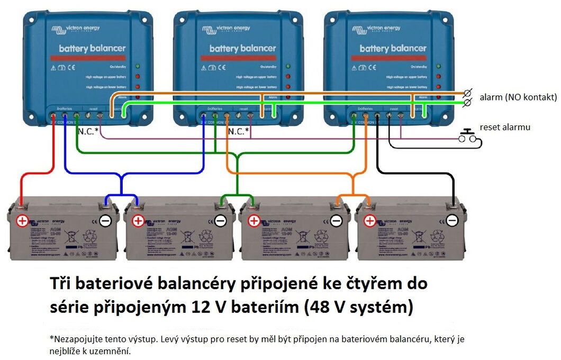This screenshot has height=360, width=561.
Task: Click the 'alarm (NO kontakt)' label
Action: (518, 97)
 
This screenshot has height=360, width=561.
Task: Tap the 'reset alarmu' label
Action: (505, 127)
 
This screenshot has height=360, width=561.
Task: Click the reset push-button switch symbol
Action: (468, 136)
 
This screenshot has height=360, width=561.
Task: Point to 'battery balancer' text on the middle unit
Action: (243, 49)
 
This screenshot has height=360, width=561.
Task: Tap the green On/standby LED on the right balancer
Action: (438, 67)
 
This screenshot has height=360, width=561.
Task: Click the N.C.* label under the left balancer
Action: (88, 131)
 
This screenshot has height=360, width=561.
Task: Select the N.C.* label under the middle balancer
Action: (238, 131)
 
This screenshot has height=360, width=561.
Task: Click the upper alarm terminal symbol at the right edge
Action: (467, 93)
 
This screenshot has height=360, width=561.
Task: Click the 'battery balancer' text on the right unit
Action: (393, 49)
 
